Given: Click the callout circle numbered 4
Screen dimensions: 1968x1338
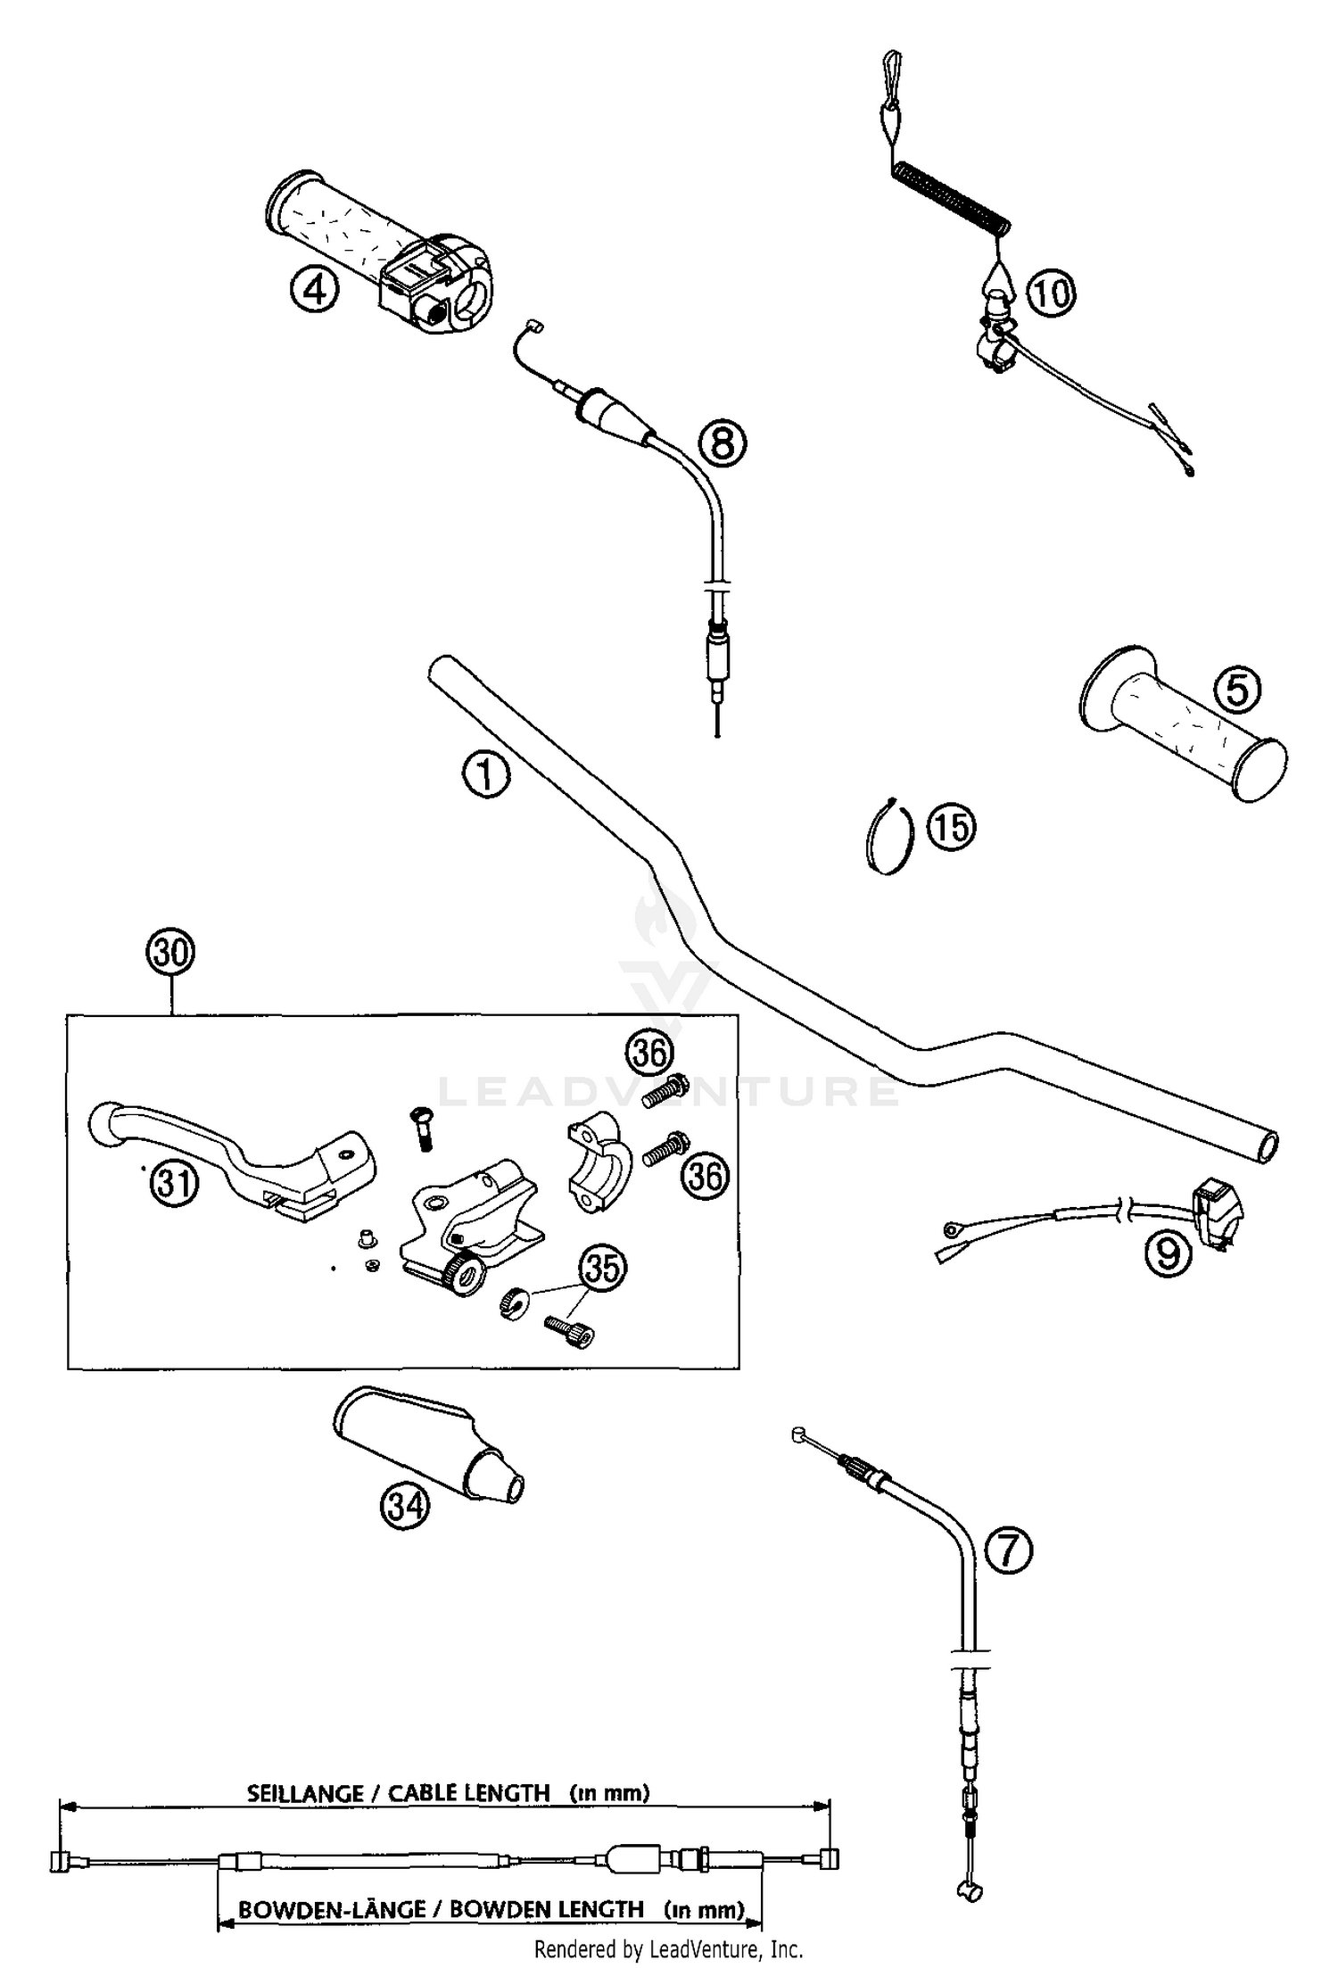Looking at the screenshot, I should pyautogui.click(x=314, y=290).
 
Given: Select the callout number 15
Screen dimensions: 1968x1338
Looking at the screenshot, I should pyautogui.click(x=951, y=827).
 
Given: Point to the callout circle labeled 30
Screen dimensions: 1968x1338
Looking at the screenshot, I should pyautogui.click(x=170, y=954).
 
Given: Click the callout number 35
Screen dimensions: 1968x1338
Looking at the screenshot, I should pyautogui.click(x=603, y=1268).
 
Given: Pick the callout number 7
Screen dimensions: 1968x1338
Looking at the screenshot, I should pyautogui.click(x=1008, y=1550).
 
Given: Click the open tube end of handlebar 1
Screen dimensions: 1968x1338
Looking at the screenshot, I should pyautogui.click(x=1267, y=1147).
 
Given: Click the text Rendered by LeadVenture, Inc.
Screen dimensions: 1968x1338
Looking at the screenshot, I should pyautogui.click(x=668, y=1949).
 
